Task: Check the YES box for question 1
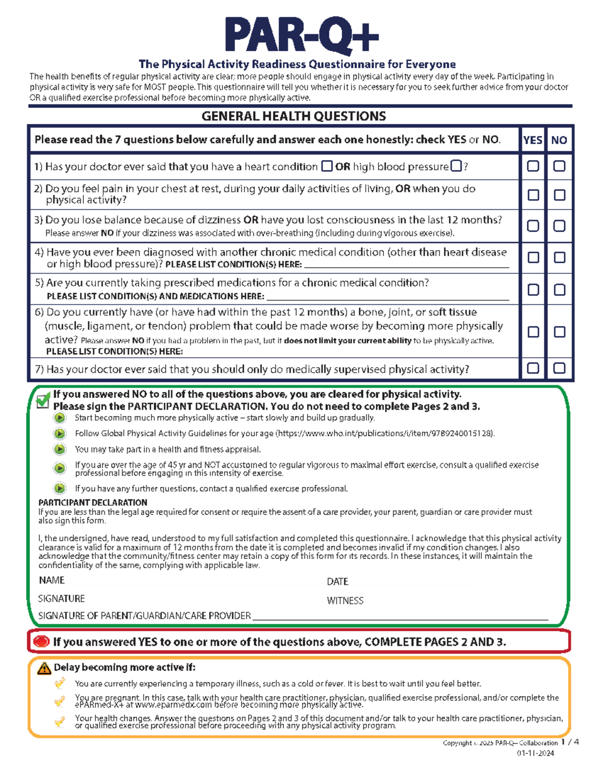coord(533,166)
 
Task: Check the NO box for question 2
coord(559,195)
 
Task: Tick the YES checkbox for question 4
coord(533,258)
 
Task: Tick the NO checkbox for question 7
coord(559,368)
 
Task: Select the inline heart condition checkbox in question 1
coord(327,166)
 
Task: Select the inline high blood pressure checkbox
coord(456,166)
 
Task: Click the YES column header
coord(533,140)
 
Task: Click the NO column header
coord(559,140)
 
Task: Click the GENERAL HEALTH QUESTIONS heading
coord(294,117)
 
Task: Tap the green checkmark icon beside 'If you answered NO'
coord(43,400)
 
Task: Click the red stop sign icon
coord(41,641)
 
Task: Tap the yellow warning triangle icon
coord(44,668)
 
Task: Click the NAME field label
coord(52,581)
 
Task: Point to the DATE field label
coord(338,582)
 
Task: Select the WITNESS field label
coord(345,601)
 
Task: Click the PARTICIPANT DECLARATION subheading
coord(93,502)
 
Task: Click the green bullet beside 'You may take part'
coord(60,449)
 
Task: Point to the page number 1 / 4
coord(570,742)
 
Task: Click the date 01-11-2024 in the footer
coord(536,753)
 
